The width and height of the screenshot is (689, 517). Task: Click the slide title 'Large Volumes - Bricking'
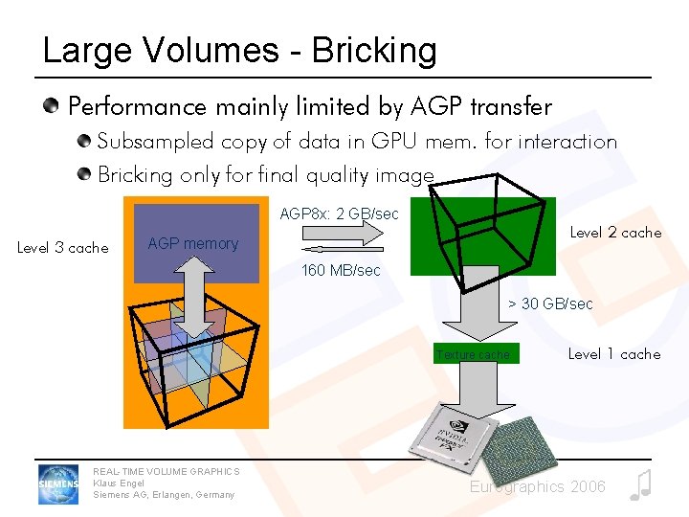239,50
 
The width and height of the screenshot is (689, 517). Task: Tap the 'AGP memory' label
193,244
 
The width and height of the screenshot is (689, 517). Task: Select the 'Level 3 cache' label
63,248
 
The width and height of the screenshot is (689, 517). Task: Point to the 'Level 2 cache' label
615,232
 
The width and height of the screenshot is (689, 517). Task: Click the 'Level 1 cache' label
613,354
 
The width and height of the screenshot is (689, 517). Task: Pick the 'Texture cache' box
474,354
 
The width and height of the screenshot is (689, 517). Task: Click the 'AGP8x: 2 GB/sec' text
339,214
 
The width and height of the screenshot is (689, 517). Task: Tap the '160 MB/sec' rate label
341,271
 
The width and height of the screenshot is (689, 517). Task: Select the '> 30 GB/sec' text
550,304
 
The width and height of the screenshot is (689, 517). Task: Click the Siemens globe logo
57,484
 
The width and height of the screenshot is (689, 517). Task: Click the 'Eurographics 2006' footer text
537,487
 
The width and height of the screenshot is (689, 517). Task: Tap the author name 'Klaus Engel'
119,483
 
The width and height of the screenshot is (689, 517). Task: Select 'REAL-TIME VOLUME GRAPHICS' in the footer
167,471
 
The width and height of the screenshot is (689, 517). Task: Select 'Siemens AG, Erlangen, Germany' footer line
164,495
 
